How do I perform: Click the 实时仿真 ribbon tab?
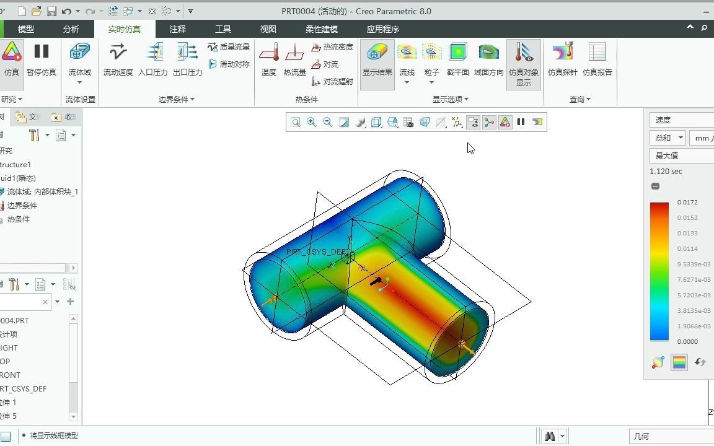click(124, 29)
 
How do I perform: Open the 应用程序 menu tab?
click(382, 29)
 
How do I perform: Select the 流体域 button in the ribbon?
click(79, 59)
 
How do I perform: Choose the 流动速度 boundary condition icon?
click(118, 59)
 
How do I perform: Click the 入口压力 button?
click(153, 59)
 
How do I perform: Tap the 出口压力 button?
click(187, 59)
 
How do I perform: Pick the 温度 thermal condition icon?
click(268, 59)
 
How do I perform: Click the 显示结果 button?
click(377, 59)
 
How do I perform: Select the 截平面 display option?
click(457, 59)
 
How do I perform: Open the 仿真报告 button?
click(597, 59)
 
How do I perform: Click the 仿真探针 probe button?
click(562, 59)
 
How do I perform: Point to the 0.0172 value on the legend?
click(687, 203)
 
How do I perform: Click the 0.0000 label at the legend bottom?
click(687, 341)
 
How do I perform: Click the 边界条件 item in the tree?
click(22, 205)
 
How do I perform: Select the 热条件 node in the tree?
click(18, 219)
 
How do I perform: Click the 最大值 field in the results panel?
click(681, 155)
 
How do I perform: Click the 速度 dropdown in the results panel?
click(681, 120)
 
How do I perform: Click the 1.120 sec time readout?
click(666, 172)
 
